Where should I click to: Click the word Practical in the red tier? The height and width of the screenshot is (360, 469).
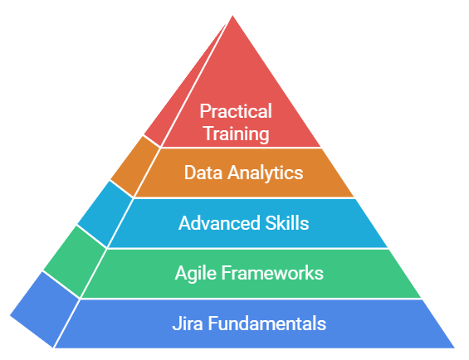pos(236,111)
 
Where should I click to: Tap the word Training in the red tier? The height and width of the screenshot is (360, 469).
pos(237,134)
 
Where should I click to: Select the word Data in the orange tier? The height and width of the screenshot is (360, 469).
pos(203,173)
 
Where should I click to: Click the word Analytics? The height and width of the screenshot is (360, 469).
pos(266,173)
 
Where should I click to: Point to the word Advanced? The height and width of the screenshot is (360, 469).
pos(219,223)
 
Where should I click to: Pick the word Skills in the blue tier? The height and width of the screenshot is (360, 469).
pos(287,223)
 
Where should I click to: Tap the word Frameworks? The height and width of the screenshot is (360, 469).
pos(272,273)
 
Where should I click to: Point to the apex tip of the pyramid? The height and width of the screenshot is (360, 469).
pos(232,16)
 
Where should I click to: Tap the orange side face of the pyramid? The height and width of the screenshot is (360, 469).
pos(135,166)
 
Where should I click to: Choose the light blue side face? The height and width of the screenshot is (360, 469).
pos(105,213)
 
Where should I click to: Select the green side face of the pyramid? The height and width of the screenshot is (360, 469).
pos(75,260)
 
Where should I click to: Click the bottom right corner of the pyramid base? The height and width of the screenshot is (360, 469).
pos(455,348)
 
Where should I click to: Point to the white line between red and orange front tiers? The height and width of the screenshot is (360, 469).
pos(241,148)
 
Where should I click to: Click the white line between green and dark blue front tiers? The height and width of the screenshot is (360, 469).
pos(251,299)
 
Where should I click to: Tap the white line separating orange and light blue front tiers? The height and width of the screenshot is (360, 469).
pos(244,197)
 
